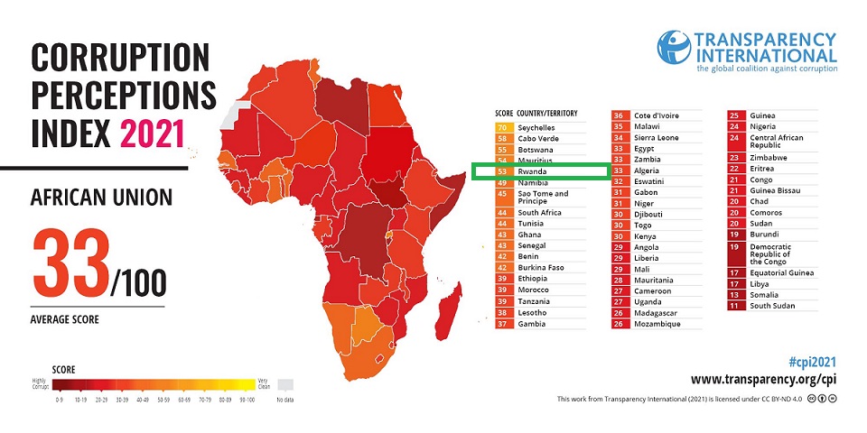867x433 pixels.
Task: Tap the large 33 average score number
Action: click(70, 264)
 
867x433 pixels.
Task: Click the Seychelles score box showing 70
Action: click(502, 128)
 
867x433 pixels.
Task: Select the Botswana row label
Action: click(536, 149)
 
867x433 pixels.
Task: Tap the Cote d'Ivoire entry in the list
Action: click(657, 115)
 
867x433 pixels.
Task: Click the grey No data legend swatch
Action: click(284, 383)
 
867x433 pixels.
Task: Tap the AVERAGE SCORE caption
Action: click(64, 319)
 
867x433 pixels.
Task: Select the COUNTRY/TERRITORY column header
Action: click(547, 113)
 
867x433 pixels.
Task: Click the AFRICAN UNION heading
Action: click(101, 197)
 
